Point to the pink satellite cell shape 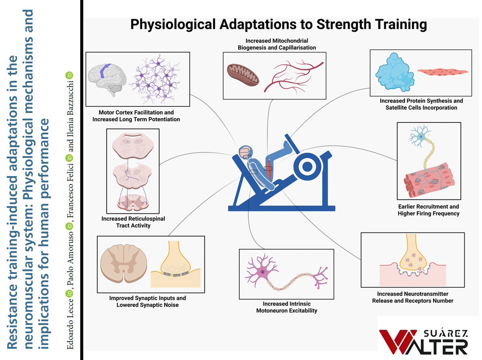pyautogui.click(x=442, y=72)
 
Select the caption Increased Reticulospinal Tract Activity pyautogui.click(x=133, y=222)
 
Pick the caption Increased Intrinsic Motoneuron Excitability pyautogui.click(x=286, y=307)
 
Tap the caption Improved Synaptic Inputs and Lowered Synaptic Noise pyautogui.click(x=147, y=301)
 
